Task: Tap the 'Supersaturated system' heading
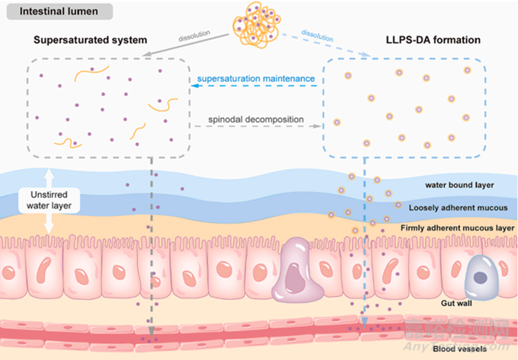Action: click(81, 40)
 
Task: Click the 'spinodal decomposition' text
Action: click(257, 119)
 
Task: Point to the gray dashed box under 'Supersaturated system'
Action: click(107, 107)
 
